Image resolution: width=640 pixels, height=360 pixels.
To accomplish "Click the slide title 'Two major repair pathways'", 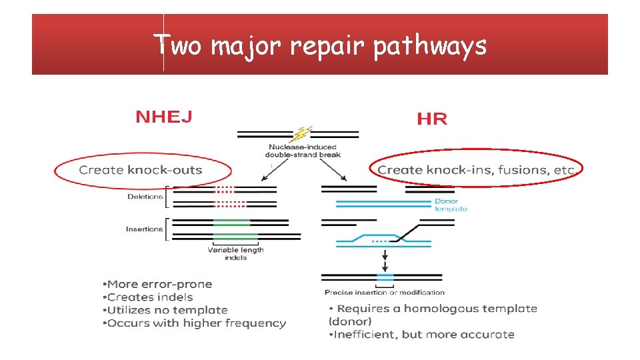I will pyautogui.click(x=320, y=46).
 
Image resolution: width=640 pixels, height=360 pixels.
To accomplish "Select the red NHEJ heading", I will pyautogui.click(x=164, y=117).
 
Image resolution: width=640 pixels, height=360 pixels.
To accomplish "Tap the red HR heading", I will pyautogui.click(x=432, y=119).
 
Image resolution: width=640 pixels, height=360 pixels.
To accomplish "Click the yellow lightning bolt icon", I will pyautogui.click(x=304, y=133).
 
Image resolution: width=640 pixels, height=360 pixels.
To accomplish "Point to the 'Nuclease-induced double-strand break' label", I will pyautogui.click(x=303, y=151).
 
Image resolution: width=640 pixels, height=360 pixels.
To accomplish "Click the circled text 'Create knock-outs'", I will pyautogui.click(x=141, y=170).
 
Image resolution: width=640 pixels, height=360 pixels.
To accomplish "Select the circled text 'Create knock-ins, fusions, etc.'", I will pyautogui.click(x=477, y=170).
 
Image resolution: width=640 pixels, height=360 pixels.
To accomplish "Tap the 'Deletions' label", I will pyautogui.click(x=145, y=197).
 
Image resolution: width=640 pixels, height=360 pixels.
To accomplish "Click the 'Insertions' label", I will pyautogui.click(x=144, y=229).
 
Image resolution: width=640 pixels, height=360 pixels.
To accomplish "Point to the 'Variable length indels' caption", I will pyautogui.click(x=235, y=253).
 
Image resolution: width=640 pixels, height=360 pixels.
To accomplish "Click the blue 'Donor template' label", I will pyautogui.click(x=451, y=205).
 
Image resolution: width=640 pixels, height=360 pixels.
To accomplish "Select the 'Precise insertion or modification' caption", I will pyautogui.click(x=385, y=292).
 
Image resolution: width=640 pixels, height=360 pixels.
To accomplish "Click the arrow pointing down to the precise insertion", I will pyautogui.click(x=385, y=258).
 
